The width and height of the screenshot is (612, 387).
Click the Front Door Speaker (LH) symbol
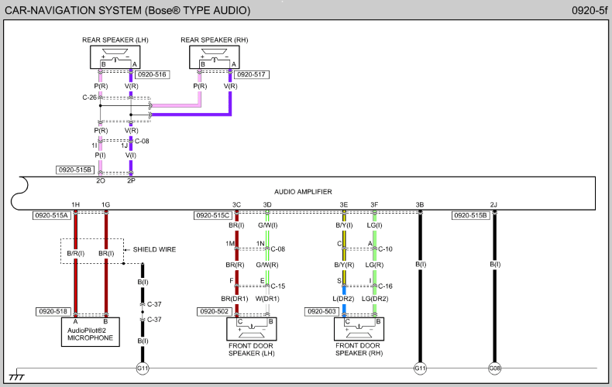click(252, 329)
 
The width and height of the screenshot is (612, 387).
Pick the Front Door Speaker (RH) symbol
click(359, 329)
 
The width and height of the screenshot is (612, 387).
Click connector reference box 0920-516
click(152, 74)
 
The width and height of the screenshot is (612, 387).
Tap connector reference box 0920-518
click(53, 312)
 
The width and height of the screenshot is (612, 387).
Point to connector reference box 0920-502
click(215, 312)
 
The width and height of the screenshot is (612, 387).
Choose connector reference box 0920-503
click(321, 312)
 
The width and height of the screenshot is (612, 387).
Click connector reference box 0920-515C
click(213, 215)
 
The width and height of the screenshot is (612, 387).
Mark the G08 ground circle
click(494, 368)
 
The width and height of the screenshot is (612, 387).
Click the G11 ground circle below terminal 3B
click(420, 368)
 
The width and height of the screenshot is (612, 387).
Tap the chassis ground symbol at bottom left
click(16, 375)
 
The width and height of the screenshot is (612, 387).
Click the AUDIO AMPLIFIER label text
click(303, 192)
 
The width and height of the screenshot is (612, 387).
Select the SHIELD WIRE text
click(155, 250)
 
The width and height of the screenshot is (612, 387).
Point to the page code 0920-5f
click(590, 10)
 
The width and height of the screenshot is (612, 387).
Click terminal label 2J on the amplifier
click(493, 205)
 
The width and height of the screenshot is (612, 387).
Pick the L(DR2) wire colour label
click(343, 299)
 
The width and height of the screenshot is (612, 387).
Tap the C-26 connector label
click(89, 98)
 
